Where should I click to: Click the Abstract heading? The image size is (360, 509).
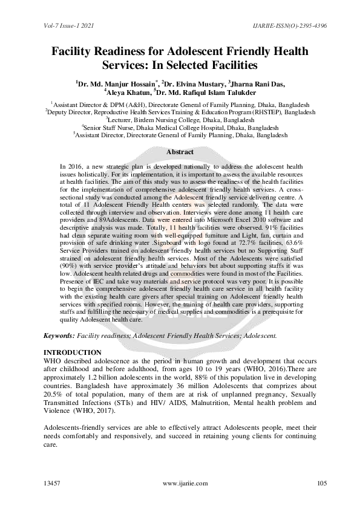click(x=180, y=152)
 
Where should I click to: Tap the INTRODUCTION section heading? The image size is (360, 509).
click(x=73, y=352)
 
